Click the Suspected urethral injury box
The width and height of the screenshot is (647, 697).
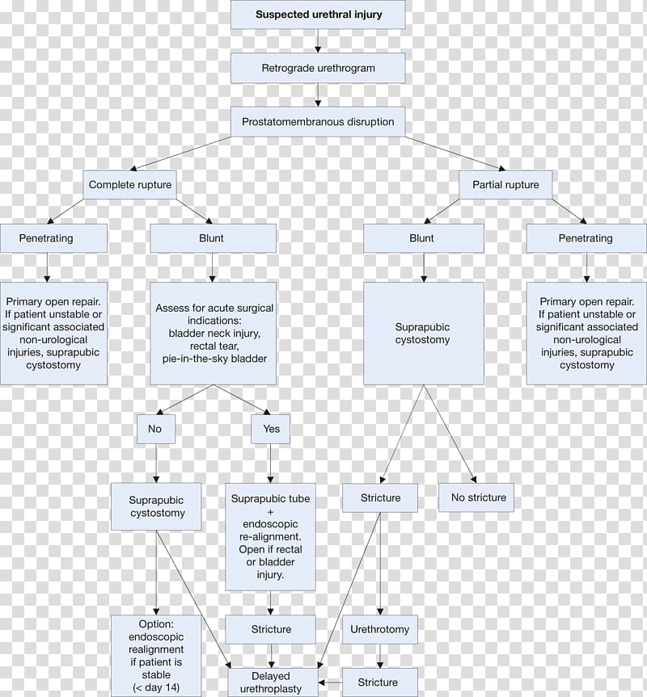tap(318, 15)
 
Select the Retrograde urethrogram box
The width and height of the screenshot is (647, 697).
tap(318, 68)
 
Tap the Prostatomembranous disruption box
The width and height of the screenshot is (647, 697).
tap(318, 121)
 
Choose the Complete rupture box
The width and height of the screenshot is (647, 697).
tap(130, 184)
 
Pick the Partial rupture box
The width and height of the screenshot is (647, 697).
tap(505, 184)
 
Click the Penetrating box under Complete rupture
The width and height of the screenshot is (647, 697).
tap(53, 238)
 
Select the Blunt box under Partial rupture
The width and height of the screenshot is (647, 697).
tap(424, 238)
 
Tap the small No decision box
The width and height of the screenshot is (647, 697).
tap(156, 429)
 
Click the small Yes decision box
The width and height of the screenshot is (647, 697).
tap(271, 429)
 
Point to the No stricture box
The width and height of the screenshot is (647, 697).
tap(476, 498)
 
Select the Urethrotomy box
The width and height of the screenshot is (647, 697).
tap(380, 629)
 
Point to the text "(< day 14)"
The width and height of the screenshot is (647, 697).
tap(156, 687)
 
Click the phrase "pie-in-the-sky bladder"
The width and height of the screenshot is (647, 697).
tap(214, 359)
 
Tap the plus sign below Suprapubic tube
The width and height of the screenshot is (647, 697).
tap(270, 511)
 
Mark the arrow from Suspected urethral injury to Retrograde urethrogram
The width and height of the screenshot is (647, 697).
tap(318, 41)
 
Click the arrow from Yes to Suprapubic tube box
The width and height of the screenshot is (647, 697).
tap(270, 464)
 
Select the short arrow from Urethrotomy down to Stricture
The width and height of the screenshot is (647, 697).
tap(380, 656)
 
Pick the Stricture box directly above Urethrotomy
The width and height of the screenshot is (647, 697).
tap(380, 498)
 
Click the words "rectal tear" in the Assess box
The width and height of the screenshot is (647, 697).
tap(214, 346)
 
